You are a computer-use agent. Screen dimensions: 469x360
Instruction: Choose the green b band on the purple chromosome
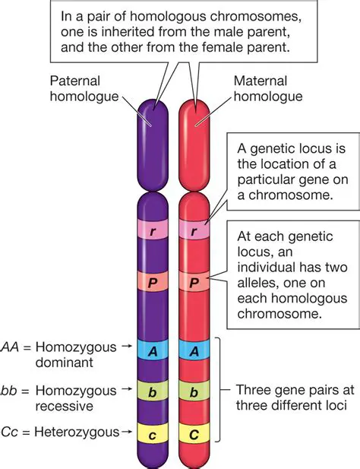(154, 391)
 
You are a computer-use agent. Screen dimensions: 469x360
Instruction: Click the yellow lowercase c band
(154, 433)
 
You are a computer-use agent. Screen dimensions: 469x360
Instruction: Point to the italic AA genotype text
(12, 347)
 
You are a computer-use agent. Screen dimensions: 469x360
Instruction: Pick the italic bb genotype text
(12, 390)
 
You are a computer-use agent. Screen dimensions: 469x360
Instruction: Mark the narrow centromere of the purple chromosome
(154, 180)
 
